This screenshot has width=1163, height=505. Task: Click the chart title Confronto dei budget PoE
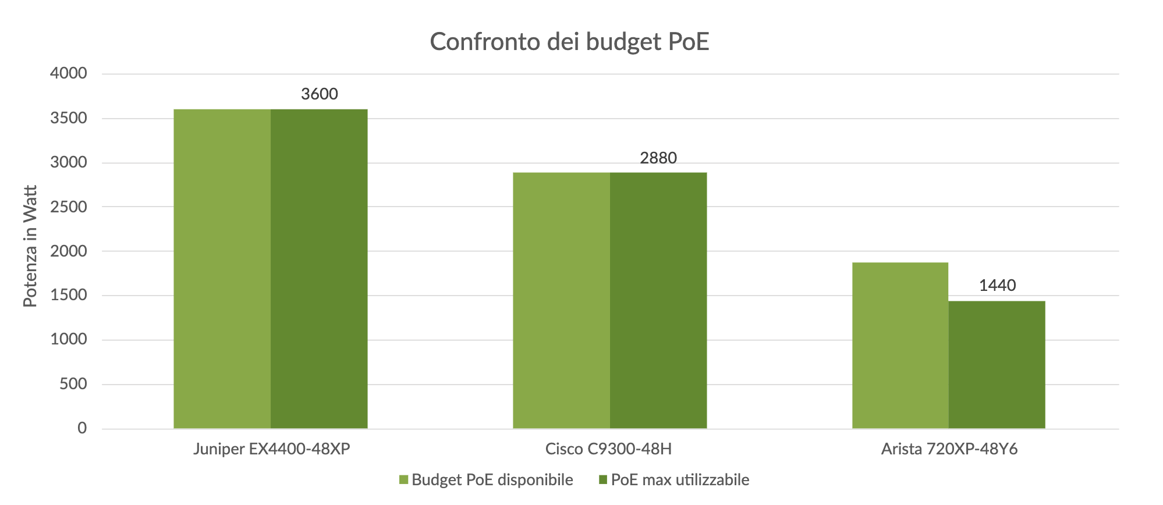[x=569, y=42]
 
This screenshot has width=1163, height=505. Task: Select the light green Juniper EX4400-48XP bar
[x=222, y=269]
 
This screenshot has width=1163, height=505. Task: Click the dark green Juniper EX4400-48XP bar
[x=319, y=269]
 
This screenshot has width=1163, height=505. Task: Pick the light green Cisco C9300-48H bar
[x=561, y=300]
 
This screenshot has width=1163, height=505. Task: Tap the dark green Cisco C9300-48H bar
[x=658, y=300]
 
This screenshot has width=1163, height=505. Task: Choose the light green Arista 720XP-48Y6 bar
[x=900, y=346]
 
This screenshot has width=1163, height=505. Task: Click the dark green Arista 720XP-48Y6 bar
[x=997, y=365]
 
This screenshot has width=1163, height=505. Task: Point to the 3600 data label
[x=319, y=94]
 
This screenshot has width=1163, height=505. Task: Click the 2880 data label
[x=658, y=158]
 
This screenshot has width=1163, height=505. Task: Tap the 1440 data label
[x=997, y=285]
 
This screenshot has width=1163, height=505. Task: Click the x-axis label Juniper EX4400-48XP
[x=272, y=449]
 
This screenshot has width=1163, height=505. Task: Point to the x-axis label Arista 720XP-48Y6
[x=949, y=449]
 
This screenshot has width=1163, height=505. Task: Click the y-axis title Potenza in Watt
[x=30, y=246]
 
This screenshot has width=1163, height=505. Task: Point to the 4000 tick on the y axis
[x=69, y=74]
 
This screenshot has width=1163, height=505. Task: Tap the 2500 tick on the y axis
[x=69, y=207]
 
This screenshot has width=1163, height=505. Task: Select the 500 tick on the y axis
[x=73, y=384]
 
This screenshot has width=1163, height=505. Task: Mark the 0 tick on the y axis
[x=82, y=428]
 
